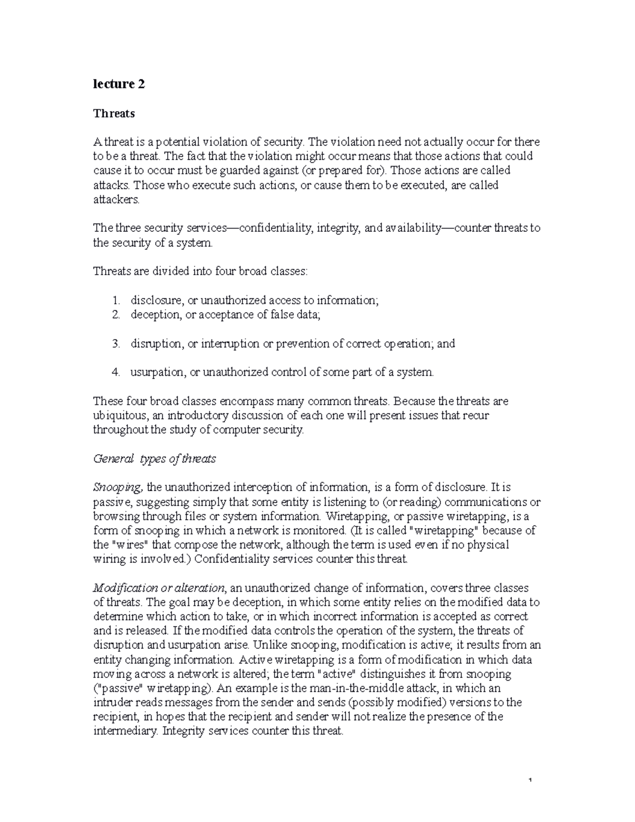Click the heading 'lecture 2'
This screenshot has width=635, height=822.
click(x=119, y=84)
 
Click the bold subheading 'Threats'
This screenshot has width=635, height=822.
click(x=114, y=113)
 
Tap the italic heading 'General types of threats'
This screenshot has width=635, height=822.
click(x=154, y=459)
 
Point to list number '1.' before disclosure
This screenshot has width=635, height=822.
click(x=116, y=300)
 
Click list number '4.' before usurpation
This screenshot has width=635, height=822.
click(x=116, y=372)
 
